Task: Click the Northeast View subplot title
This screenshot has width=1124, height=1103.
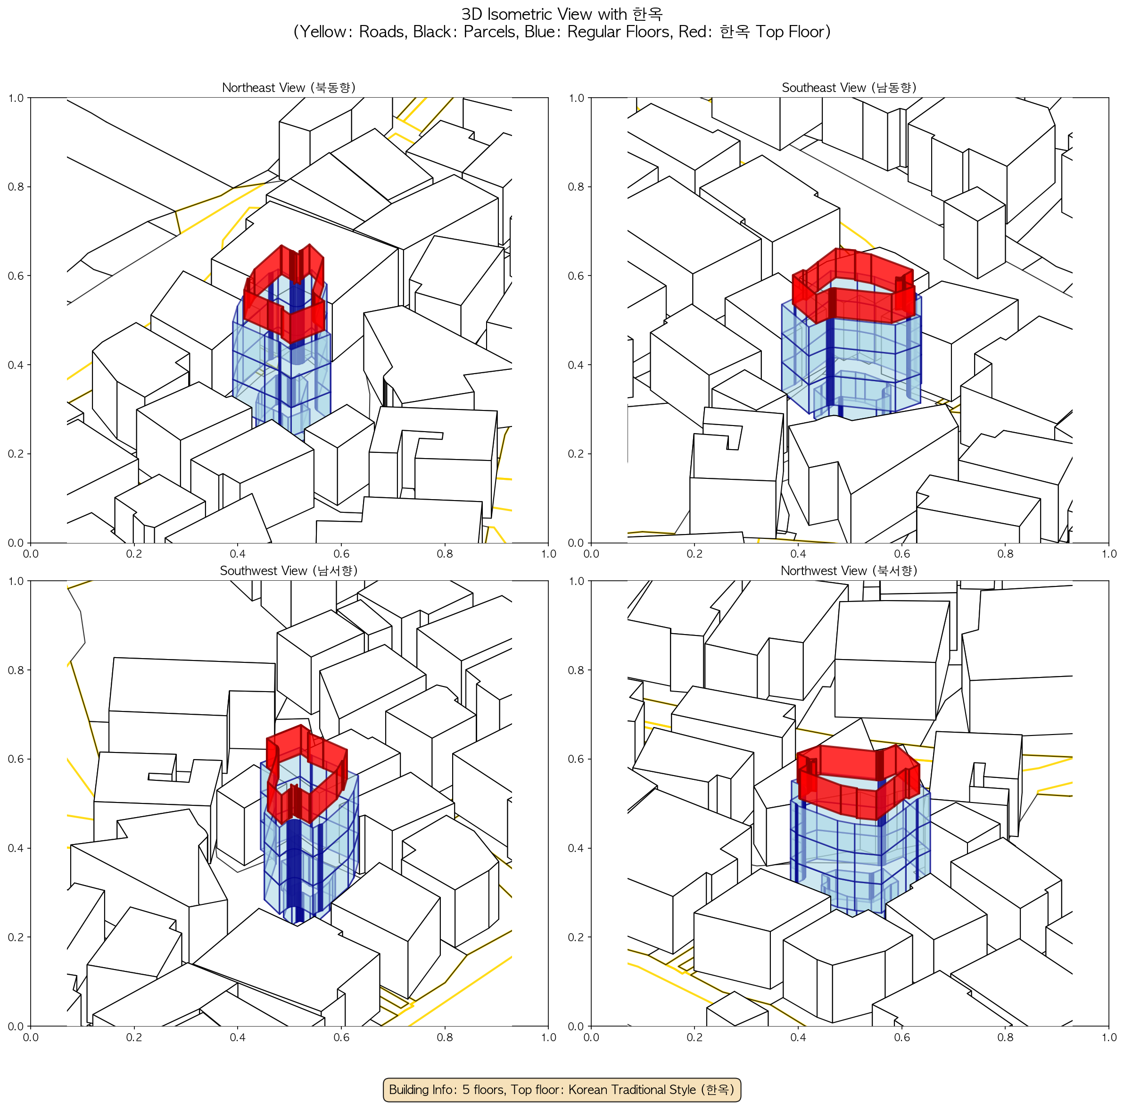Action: click(289, 87)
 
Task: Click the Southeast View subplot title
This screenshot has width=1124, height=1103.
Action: click(849, 87)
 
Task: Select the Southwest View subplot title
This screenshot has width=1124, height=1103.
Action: click(289, 571)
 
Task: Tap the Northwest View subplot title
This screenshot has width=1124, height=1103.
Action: click(849, 571)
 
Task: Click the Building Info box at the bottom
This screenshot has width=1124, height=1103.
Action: click(562, 1089)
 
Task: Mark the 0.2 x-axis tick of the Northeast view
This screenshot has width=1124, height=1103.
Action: click(134, 554)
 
